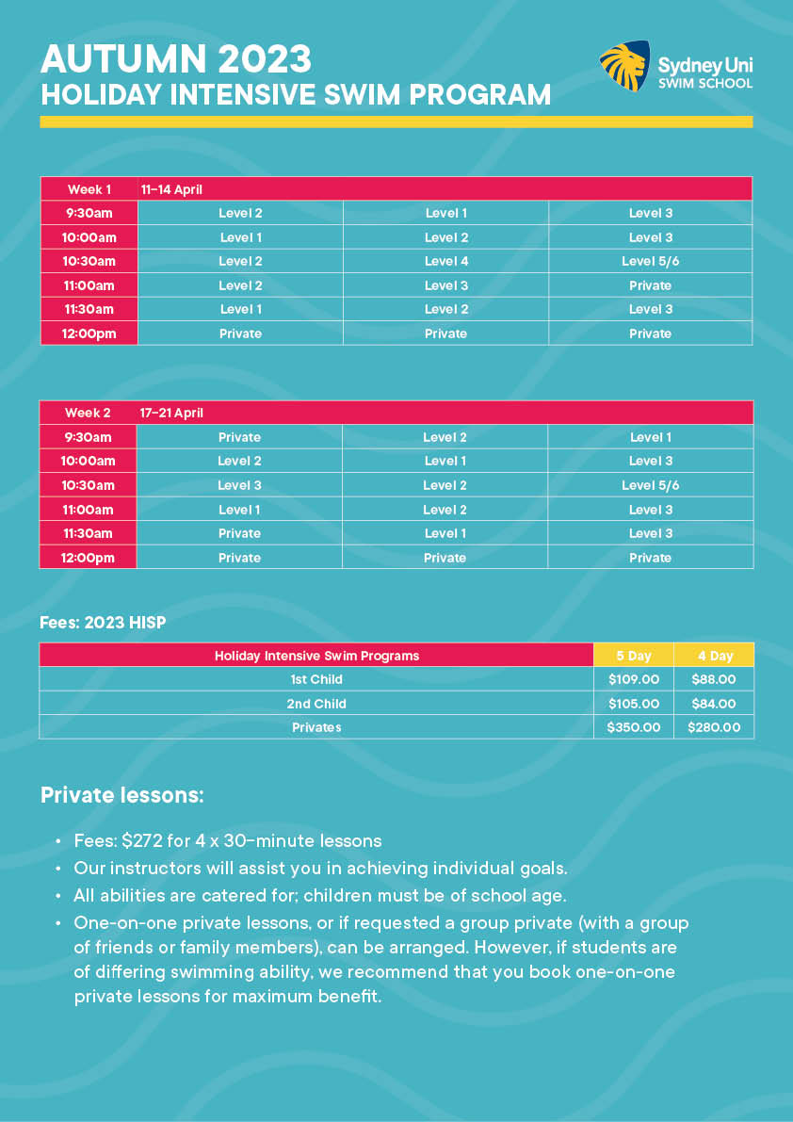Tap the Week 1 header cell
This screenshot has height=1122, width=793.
(x=89, y=189)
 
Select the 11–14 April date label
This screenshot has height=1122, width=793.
(x=172, y=189)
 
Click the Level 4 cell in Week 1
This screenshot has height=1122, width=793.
(x=446, y=261)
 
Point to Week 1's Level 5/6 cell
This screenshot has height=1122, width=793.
(x=651, y=261)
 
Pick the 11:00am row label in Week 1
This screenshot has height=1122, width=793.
(x=89, y=285)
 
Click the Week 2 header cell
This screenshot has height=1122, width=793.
(x=88, y=413)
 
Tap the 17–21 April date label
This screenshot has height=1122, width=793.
(x=171, y=413)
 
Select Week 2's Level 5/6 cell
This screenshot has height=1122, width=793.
(x=651, y=485)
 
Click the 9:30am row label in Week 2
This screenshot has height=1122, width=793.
(x=88, y=437)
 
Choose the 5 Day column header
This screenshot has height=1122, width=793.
(x=633, y=656)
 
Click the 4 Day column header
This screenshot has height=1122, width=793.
(x=715, y=656)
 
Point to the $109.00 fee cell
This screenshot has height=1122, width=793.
(x=633, y=679)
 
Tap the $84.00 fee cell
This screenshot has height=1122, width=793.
(x=714, y=704)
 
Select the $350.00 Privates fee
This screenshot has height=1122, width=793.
(x=633, y=727)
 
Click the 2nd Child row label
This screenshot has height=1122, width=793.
(x=316, y=704)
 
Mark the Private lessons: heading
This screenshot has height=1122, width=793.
(x=121, y=794)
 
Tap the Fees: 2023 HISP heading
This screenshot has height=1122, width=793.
(x=103, y=623)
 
